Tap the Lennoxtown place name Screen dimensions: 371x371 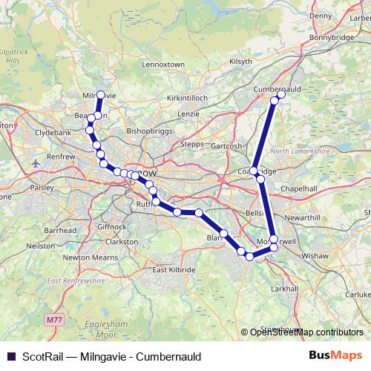point(162,65)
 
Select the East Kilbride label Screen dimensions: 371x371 point(174,269)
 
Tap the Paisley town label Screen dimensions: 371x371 point(42,188)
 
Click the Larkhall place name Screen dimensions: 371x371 point(284,287)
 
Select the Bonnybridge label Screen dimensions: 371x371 point(328,36)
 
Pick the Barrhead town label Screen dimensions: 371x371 point(60,230)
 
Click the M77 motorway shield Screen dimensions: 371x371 point(51,319)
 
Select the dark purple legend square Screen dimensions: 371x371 point(10,357)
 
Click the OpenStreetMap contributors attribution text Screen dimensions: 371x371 point(306,332)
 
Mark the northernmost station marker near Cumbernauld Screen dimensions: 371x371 point(281,94)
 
